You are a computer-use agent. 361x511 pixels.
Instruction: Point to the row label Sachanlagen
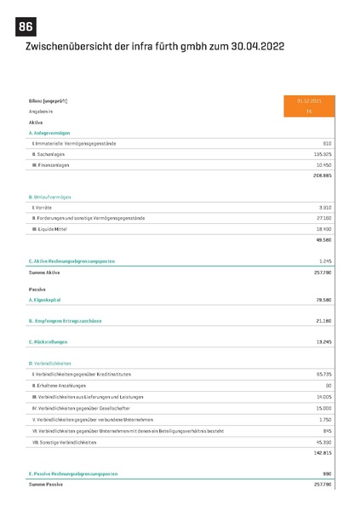point(51,153)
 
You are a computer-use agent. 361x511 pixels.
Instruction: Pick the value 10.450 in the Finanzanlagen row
point(323,164)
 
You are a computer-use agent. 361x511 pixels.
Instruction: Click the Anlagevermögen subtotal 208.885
point(321,175)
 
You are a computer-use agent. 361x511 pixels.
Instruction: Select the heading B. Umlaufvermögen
point(50,197)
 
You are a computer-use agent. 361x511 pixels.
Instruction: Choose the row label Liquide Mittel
point(53,229)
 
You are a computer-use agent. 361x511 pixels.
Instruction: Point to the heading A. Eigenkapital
point(44,300)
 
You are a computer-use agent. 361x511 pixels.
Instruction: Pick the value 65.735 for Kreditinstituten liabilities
point(323,375)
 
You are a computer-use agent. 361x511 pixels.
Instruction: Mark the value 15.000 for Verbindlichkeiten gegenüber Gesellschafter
point(323,408)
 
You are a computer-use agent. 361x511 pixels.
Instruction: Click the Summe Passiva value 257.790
point(321,483)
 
